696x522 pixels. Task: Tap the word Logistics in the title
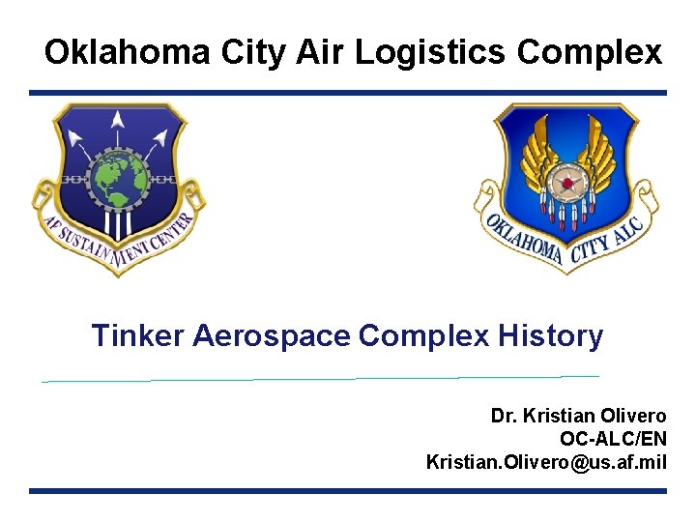click(429, 52)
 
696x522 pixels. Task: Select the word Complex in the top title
click(590, 52)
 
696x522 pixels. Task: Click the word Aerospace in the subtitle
click(272, 336)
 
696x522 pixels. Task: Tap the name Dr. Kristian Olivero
click(578, 417)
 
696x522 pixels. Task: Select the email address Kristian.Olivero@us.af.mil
click(546, 462)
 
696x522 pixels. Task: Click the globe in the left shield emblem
click(118, 178)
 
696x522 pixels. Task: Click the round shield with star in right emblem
click(565, 182)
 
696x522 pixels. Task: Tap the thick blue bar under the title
click(348, 93)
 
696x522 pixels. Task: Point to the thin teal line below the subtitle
click(319, 379)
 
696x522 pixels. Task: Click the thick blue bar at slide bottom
click(348, 491)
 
